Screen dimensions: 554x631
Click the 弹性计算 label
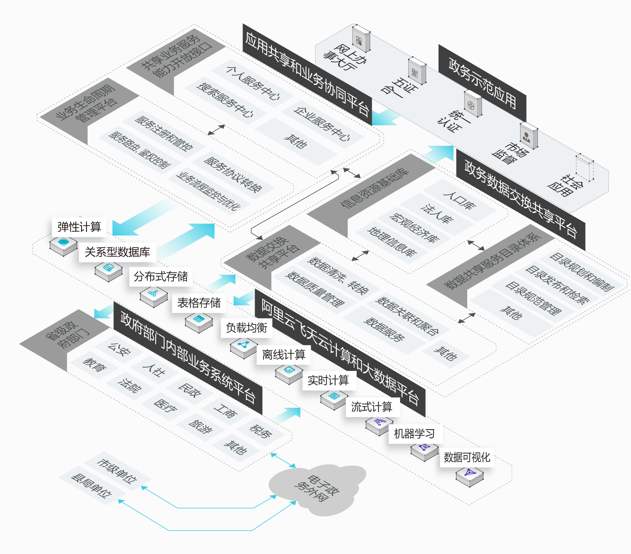pos(79,227)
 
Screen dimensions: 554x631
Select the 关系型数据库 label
pos(117,252)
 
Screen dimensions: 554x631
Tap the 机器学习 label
pos(414,433)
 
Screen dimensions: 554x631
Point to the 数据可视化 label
pos(467,457)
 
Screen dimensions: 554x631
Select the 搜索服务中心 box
pos(225,100)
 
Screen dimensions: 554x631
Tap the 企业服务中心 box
pos(322,123)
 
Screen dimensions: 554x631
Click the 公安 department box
pos(119,349)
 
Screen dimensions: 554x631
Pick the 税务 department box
pos(260,431)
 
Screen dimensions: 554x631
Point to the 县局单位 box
pos(92,485)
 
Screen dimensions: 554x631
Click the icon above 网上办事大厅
pos(361,39)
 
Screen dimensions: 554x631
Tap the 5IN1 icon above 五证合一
pos(417,71)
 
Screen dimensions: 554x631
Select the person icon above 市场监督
pos(529,136)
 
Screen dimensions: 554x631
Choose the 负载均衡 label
pos(246,328)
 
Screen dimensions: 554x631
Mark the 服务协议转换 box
pos(233,175)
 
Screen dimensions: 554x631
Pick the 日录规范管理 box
pos(533,298)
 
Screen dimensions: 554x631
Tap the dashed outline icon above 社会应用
pos(584,168)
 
